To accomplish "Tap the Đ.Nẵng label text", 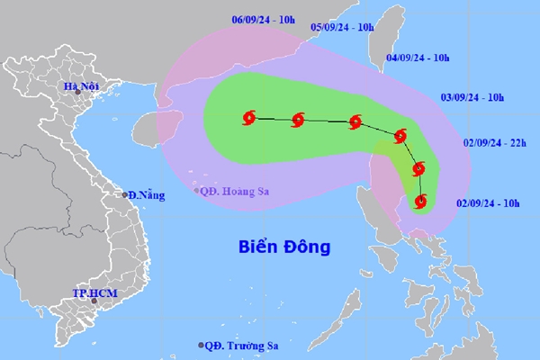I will click(147, 195).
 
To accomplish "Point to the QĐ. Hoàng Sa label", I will click(236, 189).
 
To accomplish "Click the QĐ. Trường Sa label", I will click(241, 346).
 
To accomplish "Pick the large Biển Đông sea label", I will click(285, 245).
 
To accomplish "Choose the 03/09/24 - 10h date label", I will click(472, 95).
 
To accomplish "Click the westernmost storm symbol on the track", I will click(249, 116).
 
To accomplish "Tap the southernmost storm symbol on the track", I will click(420, 201).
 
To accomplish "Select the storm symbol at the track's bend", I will click(400, 137).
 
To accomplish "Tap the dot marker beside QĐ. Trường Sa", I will click(201, 346).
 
